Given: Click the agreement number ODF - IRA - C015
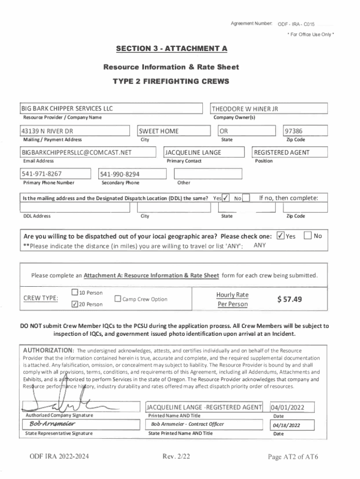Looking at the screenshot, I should click(296, 24).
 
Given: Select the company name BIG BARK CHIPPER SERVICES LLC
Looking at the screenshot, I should click(67, 109).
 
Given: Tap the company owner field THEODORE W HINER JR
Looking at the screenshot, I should click(245, 109).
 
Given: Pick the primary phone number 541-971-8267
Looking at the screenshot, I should click(42, 174).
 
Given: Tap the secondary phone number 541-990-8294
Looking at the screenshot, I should click(120, 174).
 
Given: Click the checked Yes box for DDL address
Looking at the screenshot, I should click(226, 198).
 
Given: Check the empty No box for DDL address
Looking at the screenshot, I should click(246, 198).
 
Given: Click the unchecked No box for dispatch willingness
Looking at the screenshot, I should click(308, 236).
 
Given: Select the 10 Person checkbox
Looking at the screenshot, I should click(74, 293).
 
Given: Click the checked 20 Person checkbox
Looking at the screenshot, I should click(74, 304).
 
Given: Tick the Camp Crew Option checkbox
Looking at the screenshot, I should click(118, 299).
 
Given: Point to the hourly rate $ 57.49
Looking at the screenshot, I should click(289, 299).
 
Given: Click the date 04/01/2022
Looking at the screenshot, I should click(288, 407).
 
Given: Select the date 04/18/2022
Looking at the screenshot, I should click(286, 425).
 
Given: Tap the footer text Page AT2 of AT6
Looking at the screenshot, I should click(293, 457).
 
